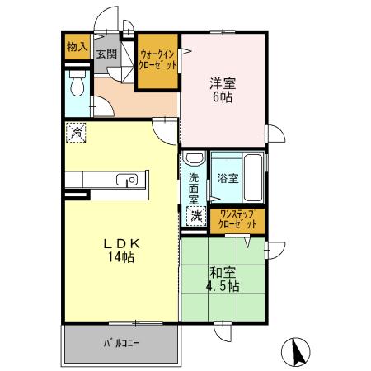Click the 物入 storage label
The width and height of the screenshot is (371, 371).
tap(77, 46)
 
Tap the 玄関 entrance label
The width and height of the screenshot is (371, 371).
tap(106, 54)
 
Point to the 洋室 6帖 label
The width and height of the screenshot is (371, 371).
tap(223, 90)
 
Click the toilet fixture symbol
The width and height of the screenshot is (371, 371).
tap(77, 85)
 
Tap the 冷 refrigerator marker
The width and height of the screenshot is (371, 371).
tap(77, 132)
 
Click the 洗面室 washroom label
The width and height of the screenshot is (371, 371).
tap(194, 187)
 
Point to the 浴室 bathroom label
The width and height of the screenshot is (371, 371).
tap(228, 177)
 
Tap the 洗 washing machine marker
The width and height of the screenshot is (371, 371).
tap(196, 216)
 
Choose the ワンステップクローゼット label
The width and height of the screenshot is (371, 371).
tap(237, 218)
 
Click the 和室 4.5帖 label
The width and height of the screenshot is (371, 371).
tap(223, 279)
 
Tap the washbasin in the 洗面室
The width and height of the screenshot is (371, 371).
tap(194, 159)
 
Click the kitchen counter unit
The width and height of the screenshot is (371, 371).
tap(103, 181)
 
